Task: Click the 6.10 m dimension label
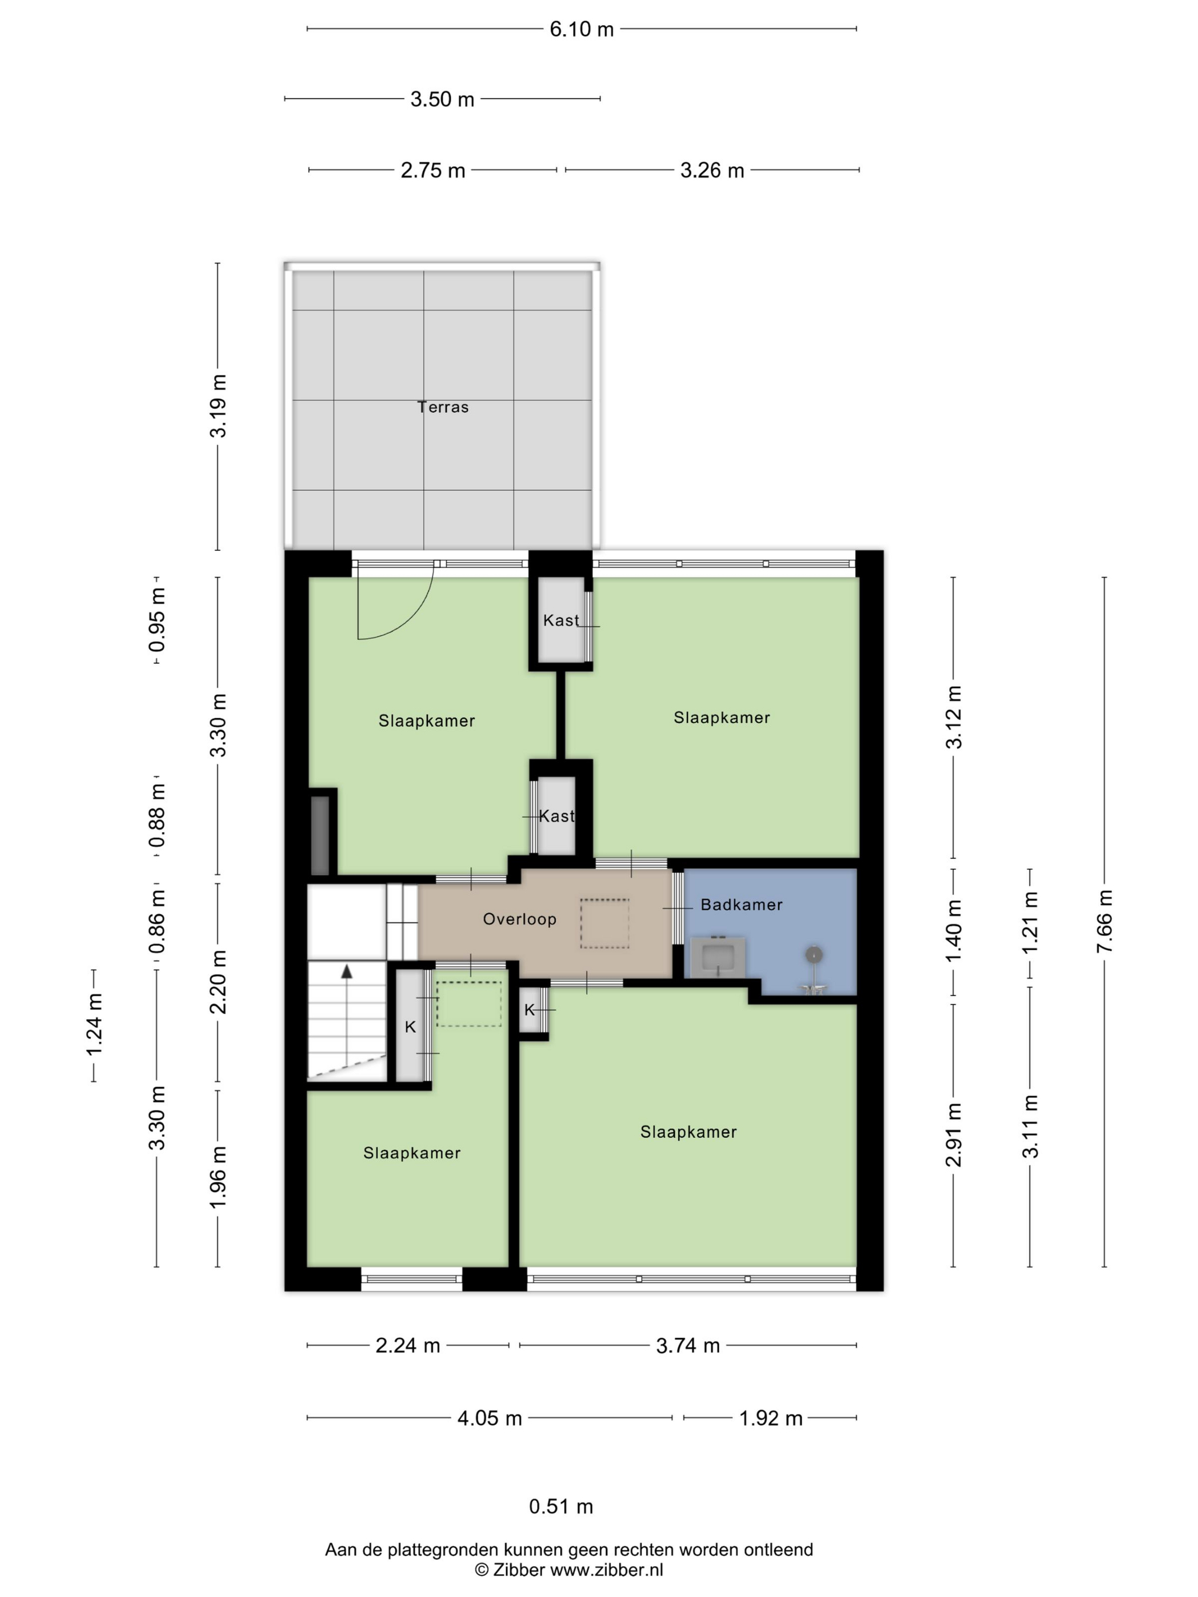click(x=581, y=30)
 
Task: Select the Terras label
click(x=443, y=407)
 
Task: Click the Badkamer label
click(x=742, y=905)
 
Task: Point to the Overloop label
click(x=520, y=919)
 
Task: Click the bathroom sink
click(x=718, y=957)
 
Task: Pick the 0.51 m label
click(x=561, y=1507)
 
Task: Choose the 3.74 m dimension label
click(x=688, y=1345)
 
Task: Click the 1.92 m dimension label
click(x=771, y=1418)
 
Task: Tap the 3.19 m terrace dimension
click(x=218, y=407)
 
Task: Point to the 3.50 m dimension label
click(x=442, y=99)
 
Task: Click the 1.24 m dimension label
click(x=95, y=1024)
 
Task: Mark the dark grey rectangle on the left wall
click(x=320, y=836)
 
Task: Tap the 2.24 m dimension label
click(x=408, y=1345)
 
